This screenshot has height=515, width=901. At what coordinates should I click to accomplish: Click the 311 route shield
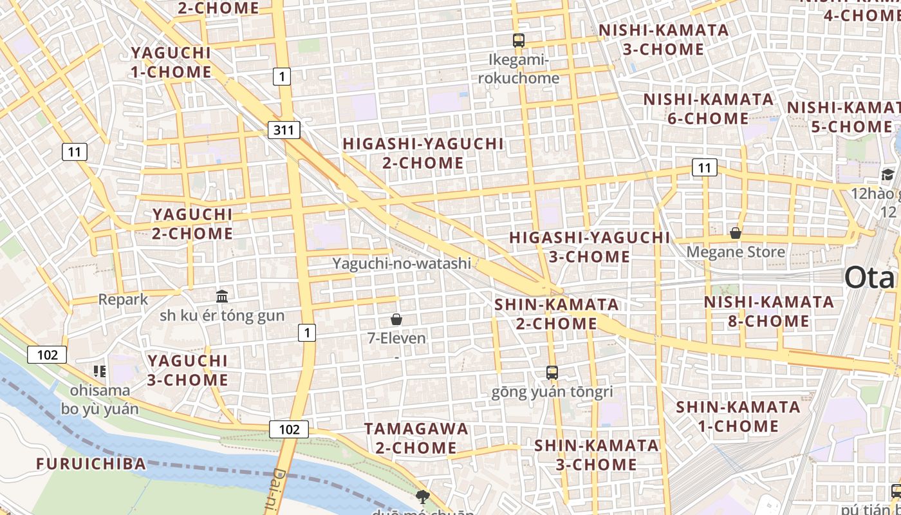pyautogui.click(x=283, y=131)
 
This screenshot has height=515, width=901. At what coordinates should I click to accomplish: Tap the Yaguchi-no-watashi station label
pyautogui.click(x=402, y=263)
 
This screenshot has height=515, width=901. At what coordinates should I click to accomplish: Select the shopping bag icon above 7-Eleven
pyautogui.click(x=396, y=319)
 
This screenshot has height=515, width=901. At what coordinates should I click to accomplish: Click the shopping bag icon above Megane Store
pyautogui.click(x=735, y=233)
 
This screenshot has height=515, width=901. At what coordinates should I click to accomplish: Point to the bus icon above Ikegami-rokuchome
pyautogui.click(x=519, y=41)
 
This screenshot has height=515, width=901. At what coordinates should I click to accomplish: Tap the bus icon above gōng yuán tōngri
pyautogui.click(x=552, y=372)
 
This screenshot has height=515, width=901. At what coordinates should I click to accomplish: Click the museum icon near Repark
pyautogui.click(x=222, y=296)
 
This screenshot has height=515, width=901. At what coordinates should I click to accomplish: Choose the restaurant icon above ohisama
pyautogui.click(x=100, y=371)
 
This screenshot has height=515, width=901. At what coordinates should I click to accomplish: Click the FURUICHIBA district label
pyautogui.click(x=91, y=464)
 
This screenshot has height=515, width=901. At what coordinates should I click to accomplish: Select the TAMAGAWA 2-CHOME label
pyautogui.click(x=416, y=438)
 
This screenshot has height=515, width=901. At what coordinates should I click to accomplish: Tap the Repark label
pyautogui.click(x=123, y=299)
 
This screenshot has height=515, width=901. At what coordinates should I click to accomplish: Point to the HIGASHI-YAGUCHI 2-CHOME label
pyautogui.click(x=423, y=153)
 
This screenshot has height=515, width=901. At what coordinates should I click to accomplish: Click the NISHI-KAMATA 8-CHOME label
pyautogui.click(x=768, y=312)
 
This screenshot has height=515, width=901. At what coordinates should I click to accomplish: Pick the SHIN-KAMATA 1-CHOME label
pyautogui.click(x=738, y=417)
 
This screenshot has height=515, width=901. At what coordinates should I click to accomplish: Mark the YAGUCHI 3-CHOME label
pyautogui.click(x=187, y=370)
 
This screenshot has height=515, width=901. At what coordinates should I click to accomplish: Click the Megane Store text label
pyautogui.click(x=735, y=252)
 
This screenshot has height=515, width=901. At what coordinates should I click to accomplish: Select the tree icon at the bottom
pyautogui.click(x=422, y=496)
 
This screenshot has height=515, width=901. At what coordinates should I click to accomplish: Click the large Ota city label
pyautogui.click(x=870, y=278)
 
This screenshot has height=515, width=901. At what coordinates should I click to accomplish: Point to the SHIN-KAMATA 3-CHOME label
pyautogui.click(x=596, y=455)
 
